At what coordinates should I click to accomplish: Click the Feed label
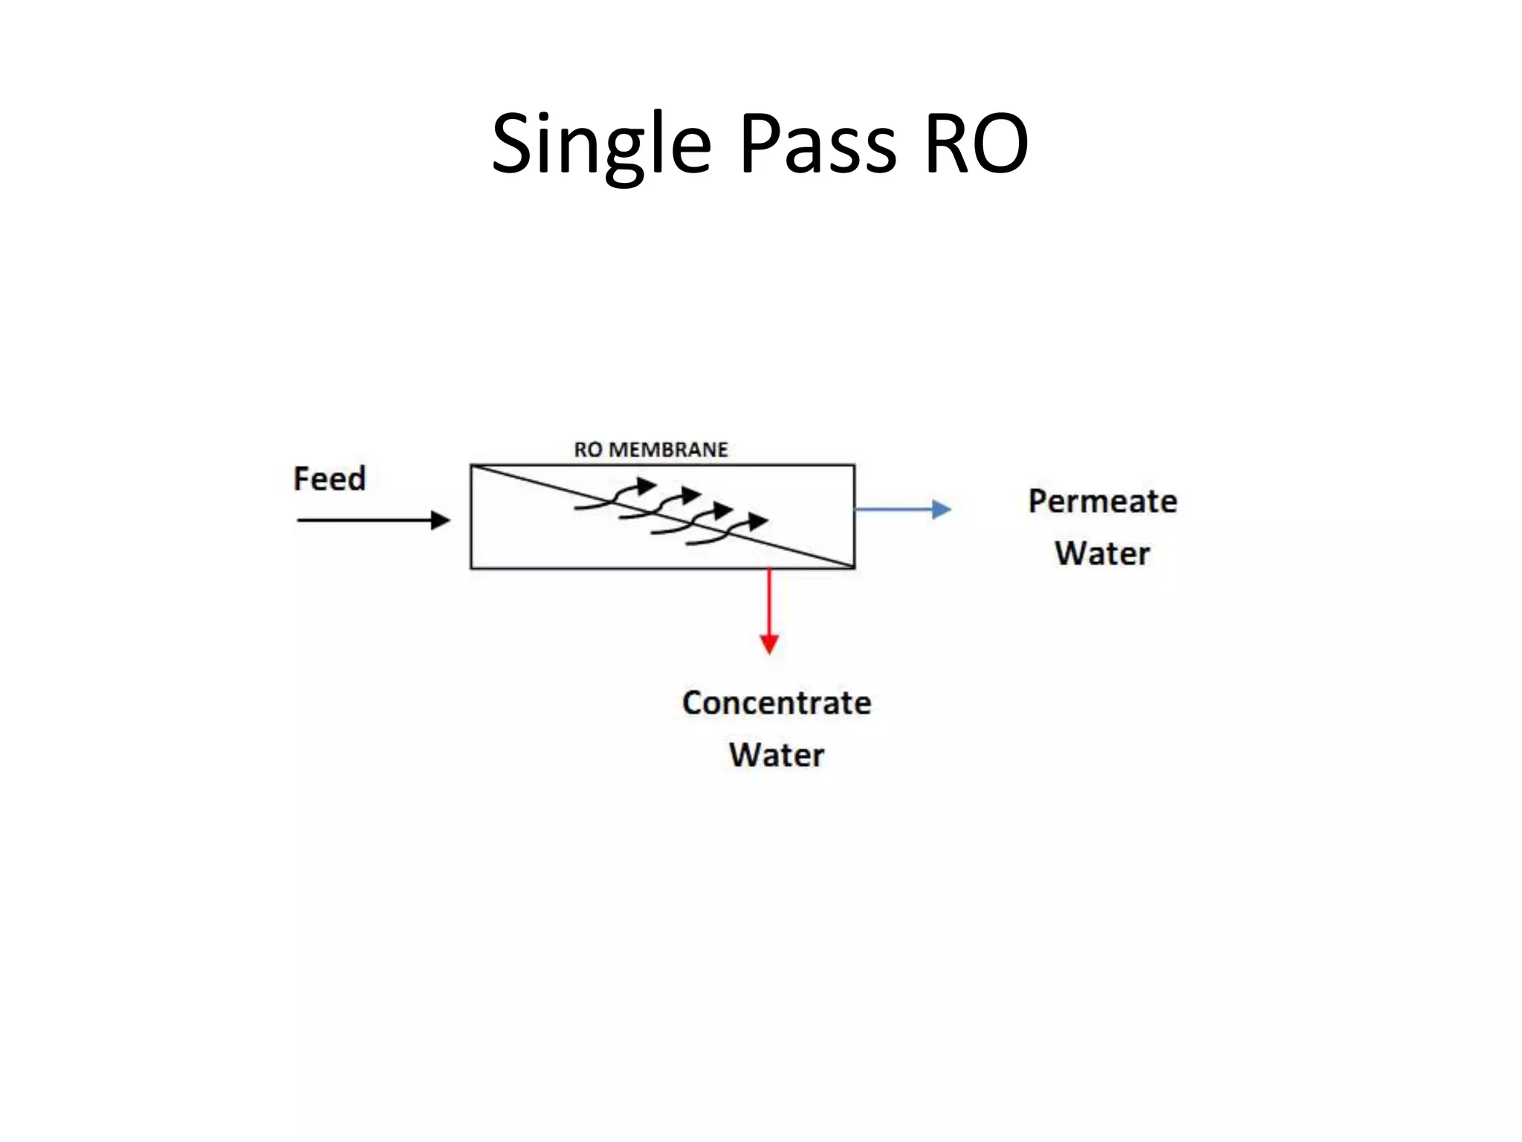pyautogui.click(x=329, y=479)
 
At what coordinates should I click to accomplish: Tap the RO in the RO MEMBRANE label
pyautogui.click(x=588, y=450)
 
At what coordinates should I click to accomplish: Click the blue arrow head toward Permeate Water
pyautogui.click(x=942, y=509)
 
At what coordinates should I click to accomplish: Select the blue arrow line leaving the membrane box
pyautogui.click(x=892, y=509)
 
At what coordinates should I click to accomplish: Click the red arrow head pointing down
pyautogui.click(x=769, y=644)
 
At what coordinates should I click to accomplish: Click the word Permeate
pyautogui.click(x=1102, y=502)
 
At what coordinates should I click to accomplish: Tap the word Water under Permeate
pyautogui.click(x=1102, y=554)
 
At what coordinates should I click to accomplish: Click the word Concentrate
pyautogui.click(x=777, y=703)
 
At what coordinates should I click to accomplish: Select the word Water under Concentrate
pyautogui.click(x=777, y=755)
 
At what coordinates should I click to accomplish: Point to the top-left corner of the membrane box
pyautogui.click(x=471, y=465)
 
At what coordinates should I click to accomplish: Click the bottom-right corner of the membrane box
pyautogui.click(x=855, y=568)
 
